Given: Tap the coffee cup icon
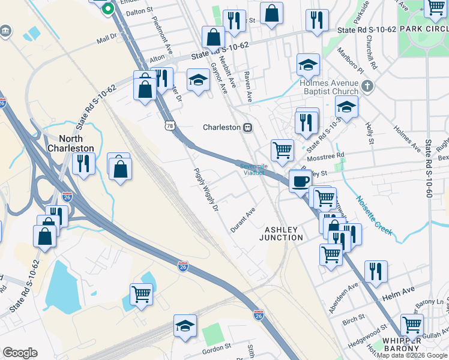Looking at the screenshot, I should point(300,180).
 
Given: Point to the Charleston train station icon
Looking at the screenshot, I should point(247,127).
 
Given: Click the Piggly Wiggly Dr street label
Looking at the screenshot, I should point(204,191).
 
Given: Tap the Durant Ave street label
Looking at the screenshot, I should point(243,220).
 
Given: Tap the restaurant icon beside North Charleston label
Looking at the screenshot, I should point(83,163).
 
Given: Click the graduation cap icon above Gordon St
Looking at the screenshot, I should point(185,326).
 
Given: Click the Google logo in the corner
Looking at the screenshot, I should point(20,352).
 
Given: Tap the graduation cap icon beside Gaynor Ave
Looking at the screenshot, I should point(198,79).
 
